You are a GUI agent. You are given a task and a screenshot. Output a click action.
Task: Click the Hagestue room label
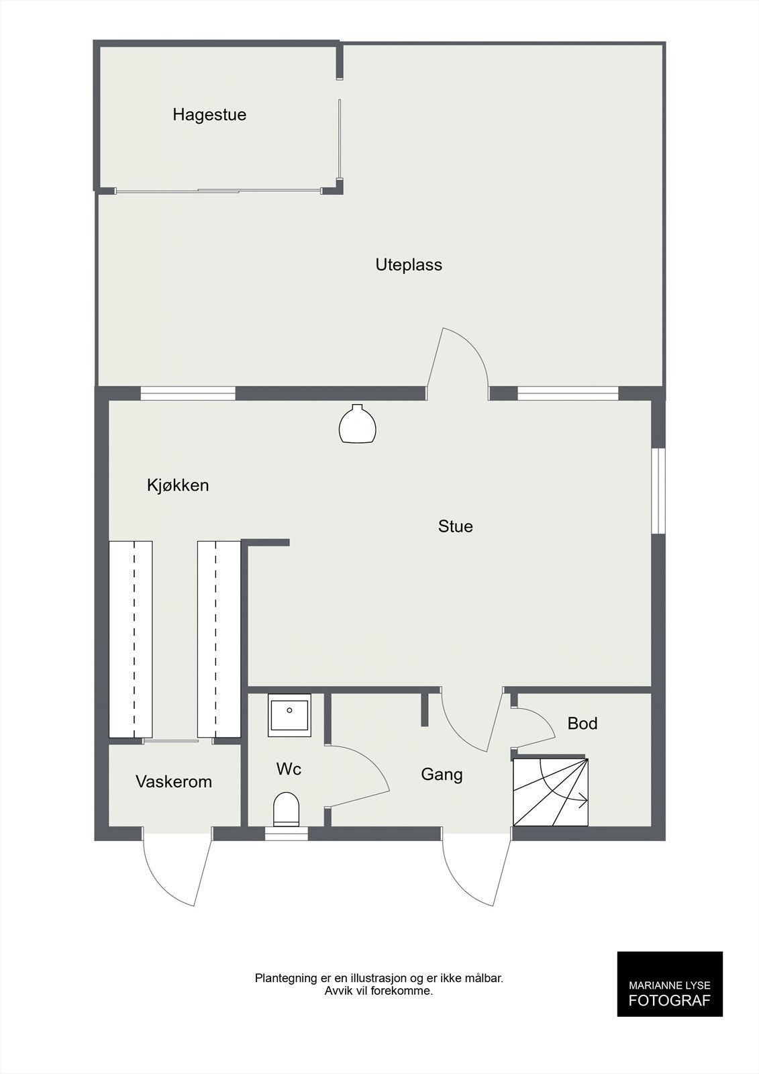coord(209,115)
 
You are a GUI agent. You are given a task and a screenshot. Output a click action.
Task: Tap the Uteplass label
coord(409,264)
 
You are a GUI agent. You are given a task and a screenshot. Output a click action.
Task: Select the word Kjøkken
coord(178,485)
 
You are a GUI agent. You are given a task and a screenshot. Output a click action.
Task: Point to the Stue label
coord(455,526)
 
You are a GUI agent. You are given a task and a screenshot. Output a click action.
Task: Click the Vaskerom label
coord(174,781)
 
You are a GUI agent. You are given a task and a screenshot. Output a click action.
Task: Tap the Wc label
coord(289,769)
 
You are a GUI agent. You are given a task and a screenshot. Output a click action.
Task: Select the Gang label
coord(442,775)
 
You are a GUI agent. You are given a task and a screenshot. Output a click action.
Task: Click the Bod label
coord(582,724)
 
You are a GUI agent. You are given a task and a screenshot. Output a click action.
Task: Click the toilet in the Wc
coord(287,809)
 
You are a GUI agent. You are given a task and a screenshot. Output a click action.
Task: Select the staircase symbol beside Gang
coord(550,792)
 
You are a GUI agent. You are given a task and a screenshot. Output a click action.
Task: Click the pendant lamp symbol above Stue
coord(357,424)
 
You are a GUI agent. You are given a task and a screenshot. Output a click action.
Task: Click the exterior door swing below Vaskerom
coord(176,869)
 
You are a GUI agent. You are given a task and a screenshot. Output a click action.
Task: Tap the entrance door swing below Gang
coord(475,869)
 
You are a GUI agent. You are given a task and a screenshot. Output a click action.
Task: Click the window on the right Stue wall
coord(659,491)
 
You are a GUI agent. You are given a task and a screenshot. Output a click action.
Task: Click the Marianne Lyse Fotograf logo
coord(669,993)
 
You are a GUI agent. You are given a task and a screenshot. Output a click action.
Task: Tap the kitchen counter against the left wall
coord(131,639)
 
